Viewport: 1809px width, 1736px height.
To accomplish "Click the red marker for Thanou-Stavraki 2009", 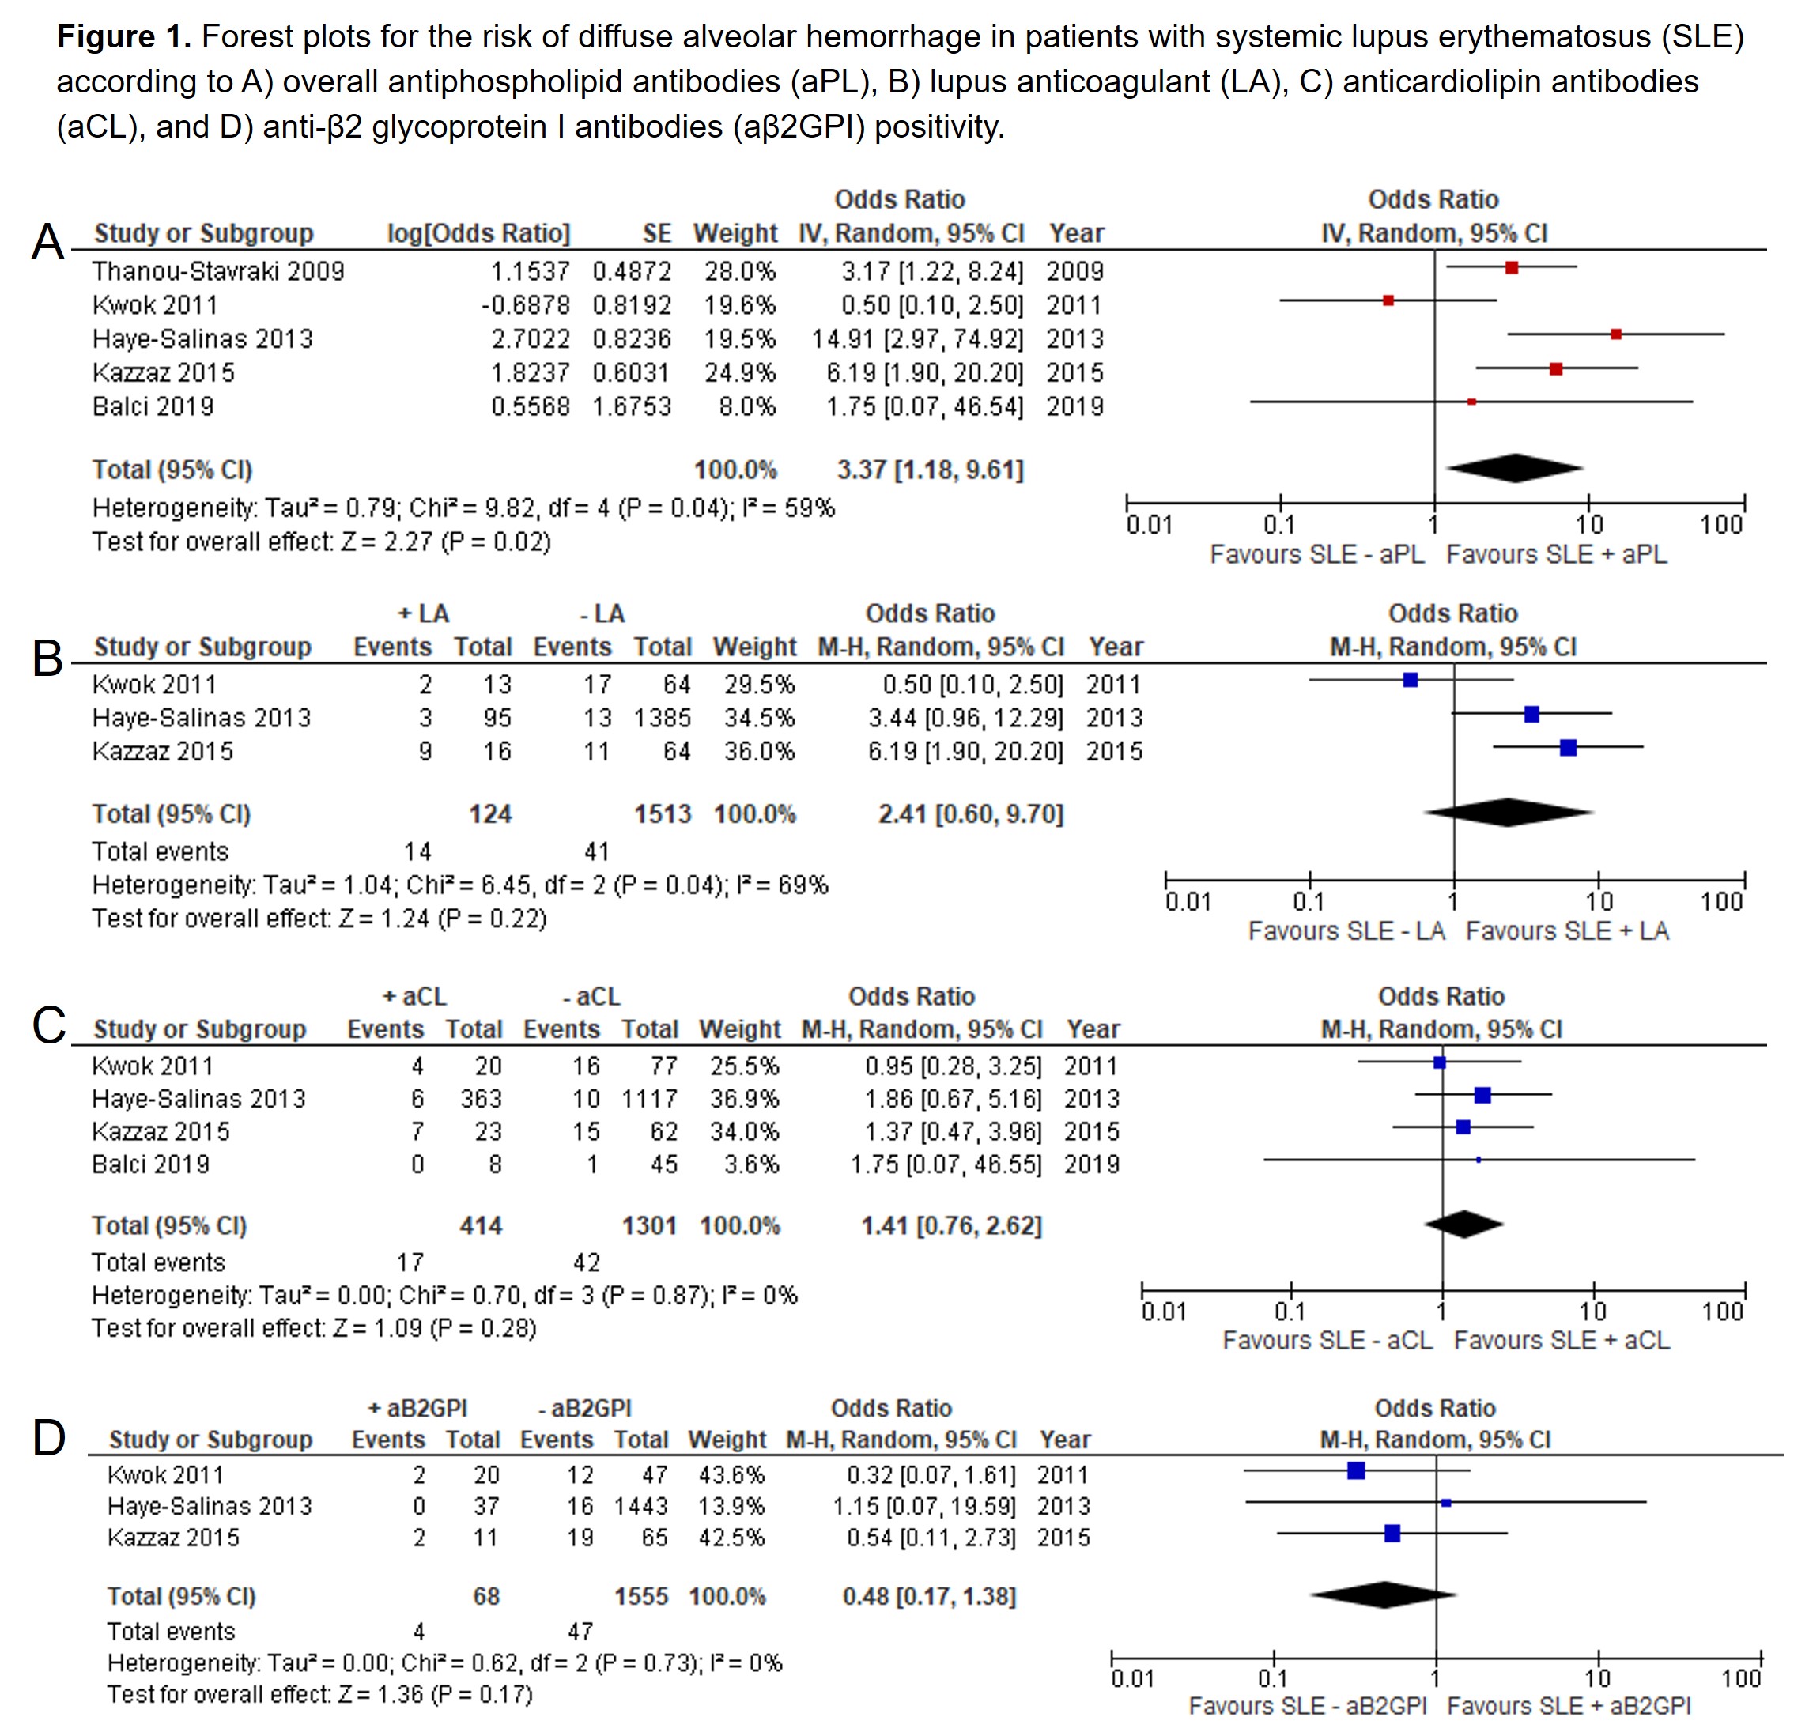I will tap(1512, 268).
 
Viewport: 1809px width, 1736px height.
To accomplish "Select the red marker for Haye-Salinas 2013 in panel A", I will tap(1616, 334).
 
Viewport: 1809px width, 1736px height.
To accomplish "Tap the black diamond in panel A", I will tap(1515, 468).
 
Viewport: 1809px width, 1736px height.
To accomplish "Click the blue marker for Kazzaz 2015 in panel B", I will tap(1568, 748).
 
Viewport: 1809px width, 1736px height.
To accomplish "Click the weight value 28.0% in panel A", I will tap(740, 271).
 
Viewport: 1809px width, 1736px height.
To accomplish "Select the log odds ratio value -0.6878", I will tap(525, 305).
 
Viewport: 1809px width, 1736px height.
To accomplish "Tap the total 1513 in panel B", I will tap(662, 814).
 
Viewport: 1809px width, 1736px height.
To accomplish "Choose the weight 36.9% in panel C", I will tap(744, 1099).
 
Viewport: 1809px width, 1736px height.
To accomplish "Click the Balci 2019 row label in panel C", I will tap(150, 1164).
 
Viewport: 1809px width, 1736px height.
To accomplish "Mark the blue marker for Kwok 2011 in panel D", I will tap(1356, 1471).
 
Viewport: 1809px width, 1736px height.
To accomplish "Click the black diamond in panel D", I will tap(1384, 1594).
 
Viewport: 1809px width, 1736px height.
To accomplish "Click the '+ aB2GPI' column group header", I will tap(417, 1409).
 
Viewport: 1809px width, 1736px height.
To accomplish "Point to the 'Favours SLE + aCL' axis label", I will tap(1562, 1340).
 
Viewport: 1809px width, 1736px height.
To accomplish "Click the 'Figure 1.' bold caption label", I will tap(123, 37).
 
